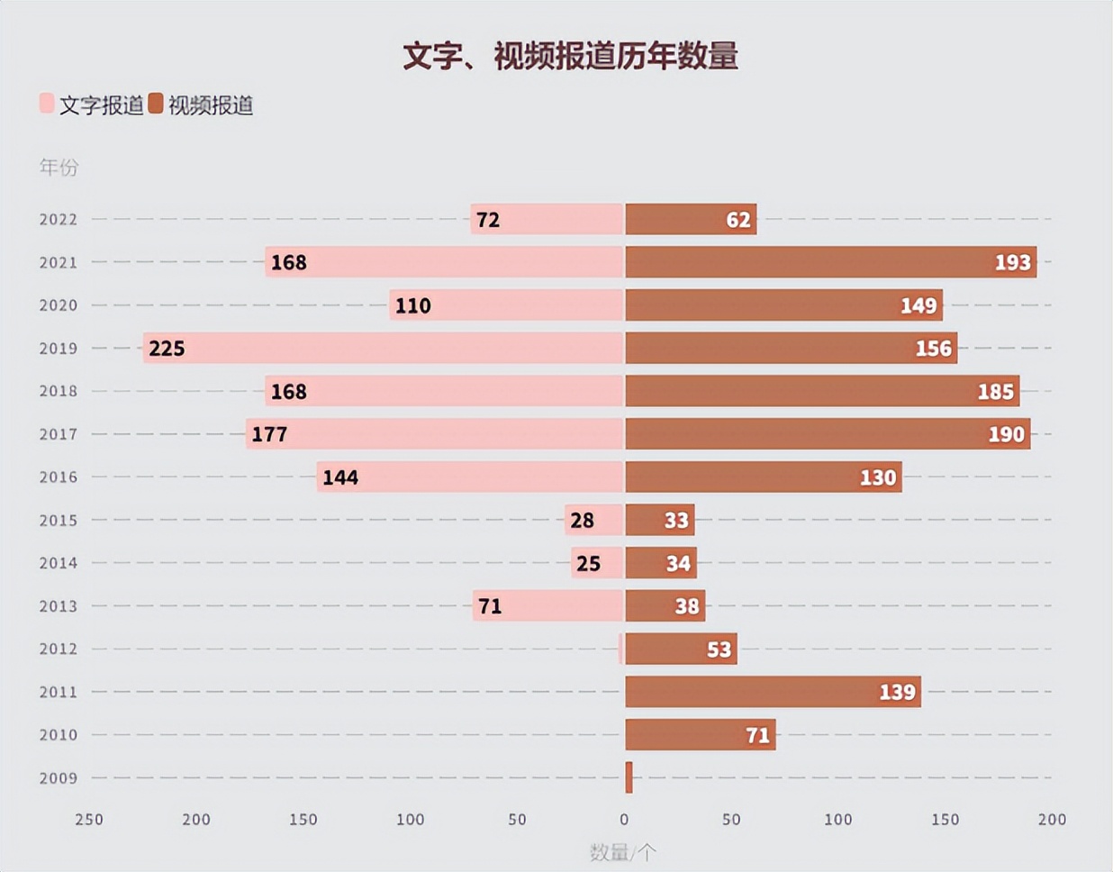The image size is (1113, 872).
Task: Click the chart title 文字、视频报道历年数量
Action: click(x=570, y=56)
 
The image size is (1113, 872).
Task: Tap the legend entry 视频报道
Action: click(x=202, y=105)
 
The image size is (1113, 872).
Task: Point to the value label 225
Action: click(x=167, y=349)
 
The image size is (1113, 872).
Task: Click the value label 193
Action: click(x=1012, y=262)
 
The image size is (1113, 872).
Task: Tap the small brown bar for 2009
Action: click(x=629, y=777)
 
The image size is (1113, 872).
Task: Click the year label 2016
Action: click(x=58, y=477)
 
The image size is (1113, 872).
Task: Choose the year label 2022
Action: click(x=58, y=219)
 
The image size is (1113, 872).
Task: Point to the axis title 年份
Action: click(x=59, y=167)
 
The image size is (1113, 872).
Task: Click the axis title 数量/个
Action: click(x=622, y=851)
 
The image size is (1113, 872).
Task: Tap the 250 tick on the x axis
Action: click(x=89, y=820)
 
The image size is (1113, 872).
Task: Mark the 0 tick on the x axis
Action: click(x=624, y=820)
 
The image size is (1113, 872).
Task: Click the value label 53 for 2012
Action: click(x=719, y=649)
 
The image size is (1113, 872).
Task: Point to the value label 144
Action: click(x=340, y=477)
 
